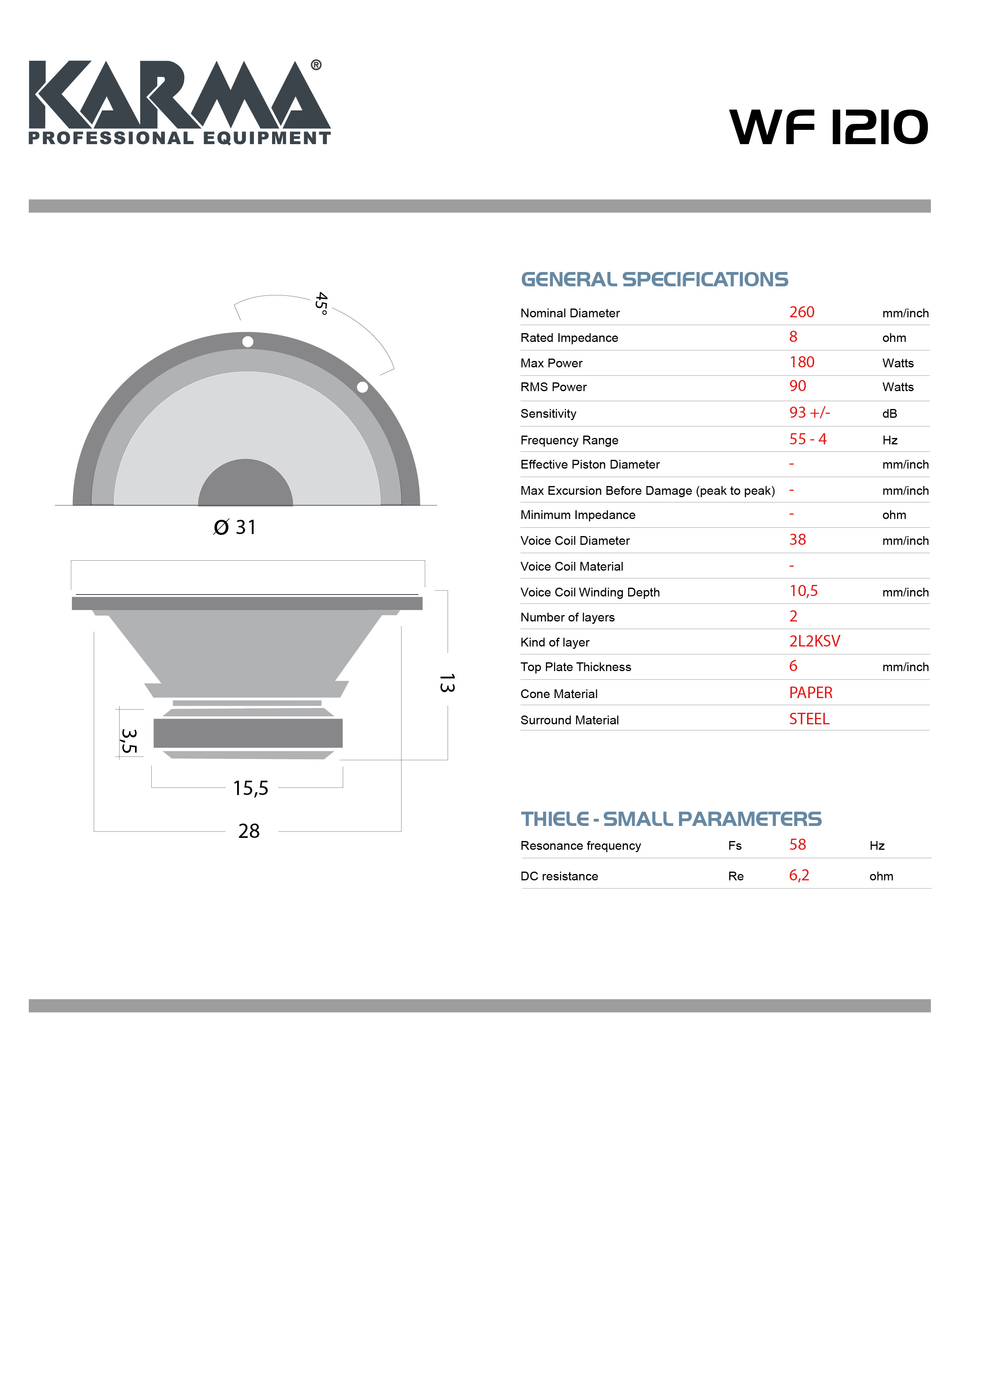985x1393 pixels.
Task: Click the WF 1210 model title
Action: point(829,127)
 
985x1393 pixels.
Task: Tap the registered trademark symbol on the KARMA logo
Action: point(316,65)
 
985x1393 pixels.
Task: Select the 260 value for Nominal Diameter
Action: point(802,313)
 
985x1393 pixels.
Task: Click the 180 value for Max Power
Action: point(802,362)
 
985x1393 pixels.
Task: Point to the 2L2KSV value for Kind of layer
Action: point(815,641)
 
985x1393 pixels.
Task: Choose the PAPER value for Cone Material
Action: point(811,693)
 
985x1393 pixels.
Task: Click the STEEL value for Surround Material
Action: point(809,719)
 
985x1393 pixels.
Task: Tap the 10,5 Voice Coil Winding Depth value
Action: point(803,591)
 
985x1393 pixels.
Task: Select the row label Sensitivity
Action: point(548,414)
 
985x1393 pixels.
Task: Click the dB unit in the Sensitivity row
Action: point(890,414)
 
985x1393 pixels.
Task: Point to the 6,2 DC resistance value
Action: point(799,876)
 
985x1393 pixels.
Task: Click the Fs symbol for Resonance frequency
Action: point(735,846)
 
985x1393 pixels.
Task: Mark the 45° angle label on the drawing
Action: point(322,303)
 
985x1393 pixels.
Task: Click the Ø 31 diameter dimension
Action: point(235,527)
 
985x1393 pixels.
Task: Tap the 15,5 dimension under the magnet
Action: point(251,788)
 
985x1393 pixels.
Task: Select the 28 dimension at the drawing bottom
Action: point(249,831)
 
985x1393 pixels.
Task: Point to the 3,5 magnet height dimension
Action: point(129,741)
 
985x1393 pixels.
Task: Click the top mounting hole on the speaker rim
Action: point(247,341)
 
